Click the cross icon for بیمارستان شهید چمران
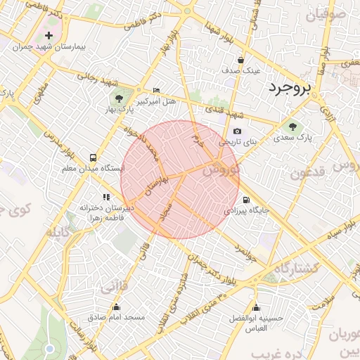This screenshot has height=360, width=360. pos(49,35)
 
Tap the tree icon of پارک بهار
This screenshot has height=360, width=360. pos(117,98)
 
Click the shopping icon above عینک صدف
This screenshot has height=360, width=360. pos(241,60)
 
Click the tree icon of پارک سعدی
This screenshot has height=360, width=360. pos(292,127)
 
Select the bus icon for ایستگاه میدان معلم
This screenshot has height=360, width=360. pos(93,157)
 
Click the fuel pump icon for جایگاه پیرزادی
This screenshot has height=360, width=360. pos(245,199)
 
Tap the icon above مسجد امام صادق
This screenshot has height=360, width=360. pos(116,307)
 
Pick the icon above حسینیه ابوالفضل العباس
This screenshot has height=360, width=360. pos(257,307)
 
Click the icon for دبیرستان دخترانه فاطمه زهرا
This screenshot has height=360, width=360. pos(106,198)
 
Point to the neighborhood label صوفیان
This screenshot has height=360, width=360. pos(333,13)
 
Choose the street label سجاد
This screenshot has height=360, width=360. pos(167,210)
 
